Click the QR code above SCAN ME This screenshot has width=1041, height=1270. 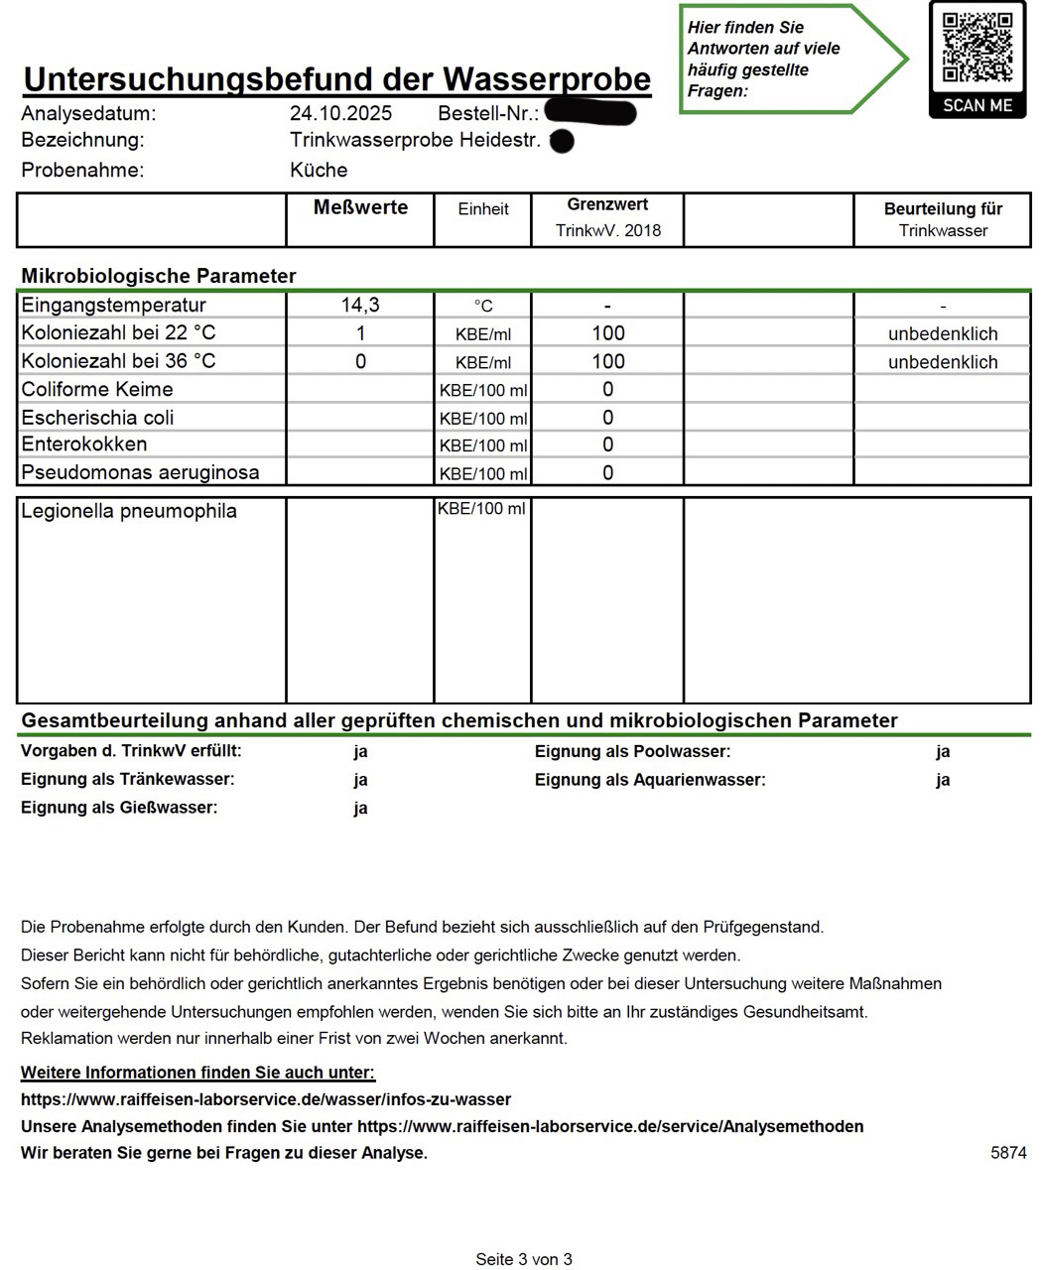(976, 47)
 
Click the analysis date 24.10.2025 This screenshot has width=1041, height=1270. (340, 113)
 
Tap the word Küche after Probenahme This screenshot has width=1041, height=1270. (319, 170)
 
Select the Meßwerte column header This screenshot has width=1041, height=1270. (360, 207)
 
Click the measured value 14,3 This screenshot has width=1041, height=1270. (360, 305)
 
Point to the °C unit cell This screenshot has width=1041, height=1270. (483, 306)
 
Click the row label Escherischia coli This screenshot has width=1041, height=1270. (97, 417)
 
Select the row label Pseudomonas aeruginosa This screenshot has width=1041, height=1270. (140, 472)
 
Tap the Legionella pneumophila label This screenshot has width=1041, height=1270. (129, 511)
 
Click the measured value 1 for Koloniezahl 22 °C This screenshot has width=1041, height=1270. (361, 333)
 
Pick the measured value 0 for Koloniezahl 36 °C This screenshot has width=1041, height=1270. (360, 361)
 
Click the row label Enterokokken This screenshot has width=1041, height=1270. (84, 444)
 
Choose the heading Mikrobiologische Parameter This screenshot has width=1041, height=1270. (159, 276)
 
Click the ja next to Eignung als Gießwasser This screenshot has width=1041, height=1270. (360, 808)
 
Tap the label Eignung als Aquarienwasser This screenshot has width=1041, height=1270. (650, 780)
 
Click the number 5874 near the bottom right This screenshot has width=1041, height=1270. (1008, 1153)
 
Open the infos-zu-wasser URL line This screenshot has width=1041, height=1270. (266, 1099)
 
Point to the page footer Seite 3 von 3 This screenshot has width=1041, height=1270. (524, 1259)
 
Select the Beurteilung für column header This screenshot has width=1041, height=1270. (943, 209)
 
